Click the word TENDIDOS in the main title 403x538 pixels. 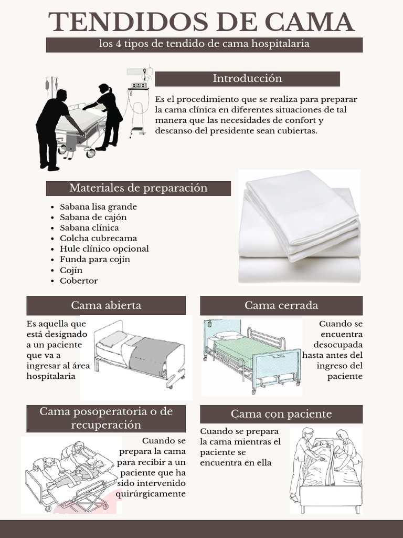pyautogui.click(x=128, y=22)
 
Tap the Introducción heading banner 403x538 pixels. pyautogui.click(x=248, y=79)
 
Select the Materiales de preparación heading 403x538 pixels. pyautogui.click(x=139, y=188)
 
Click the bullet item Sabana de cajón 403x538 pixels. pyautogui.click(x=93, y=218)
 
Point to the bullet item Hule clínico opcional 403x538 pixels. pyautogui.click(x=104, y=249)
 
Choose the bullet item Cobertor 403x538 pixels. pyautogui.click(x=79, y=281)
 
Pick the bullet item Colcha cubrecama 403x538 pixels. pyautogui.click(x=98, y=238)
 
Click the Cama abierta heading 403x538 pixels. pyautogui.click(x=106, y=305)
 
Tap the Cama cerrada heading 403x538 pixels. pyautogui.click(x=281, y=305)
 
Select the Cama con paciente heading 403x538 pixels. pyautogui.click(x=281, y=414)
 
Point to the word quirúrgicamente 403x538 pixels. pyautogui.click(x=151, y=494)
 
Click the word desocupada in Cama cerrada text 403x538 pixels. pyautogui.click(x=338, y=345)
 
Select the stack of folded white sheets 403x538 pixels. pyautogui.click(x=300, y=227)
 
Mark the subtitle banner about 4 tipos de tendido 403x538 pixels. pyautogui.click(x=204, y=45)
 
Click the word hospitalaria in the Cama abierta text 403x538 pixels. pyautogui.click(x=51, y=376)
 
